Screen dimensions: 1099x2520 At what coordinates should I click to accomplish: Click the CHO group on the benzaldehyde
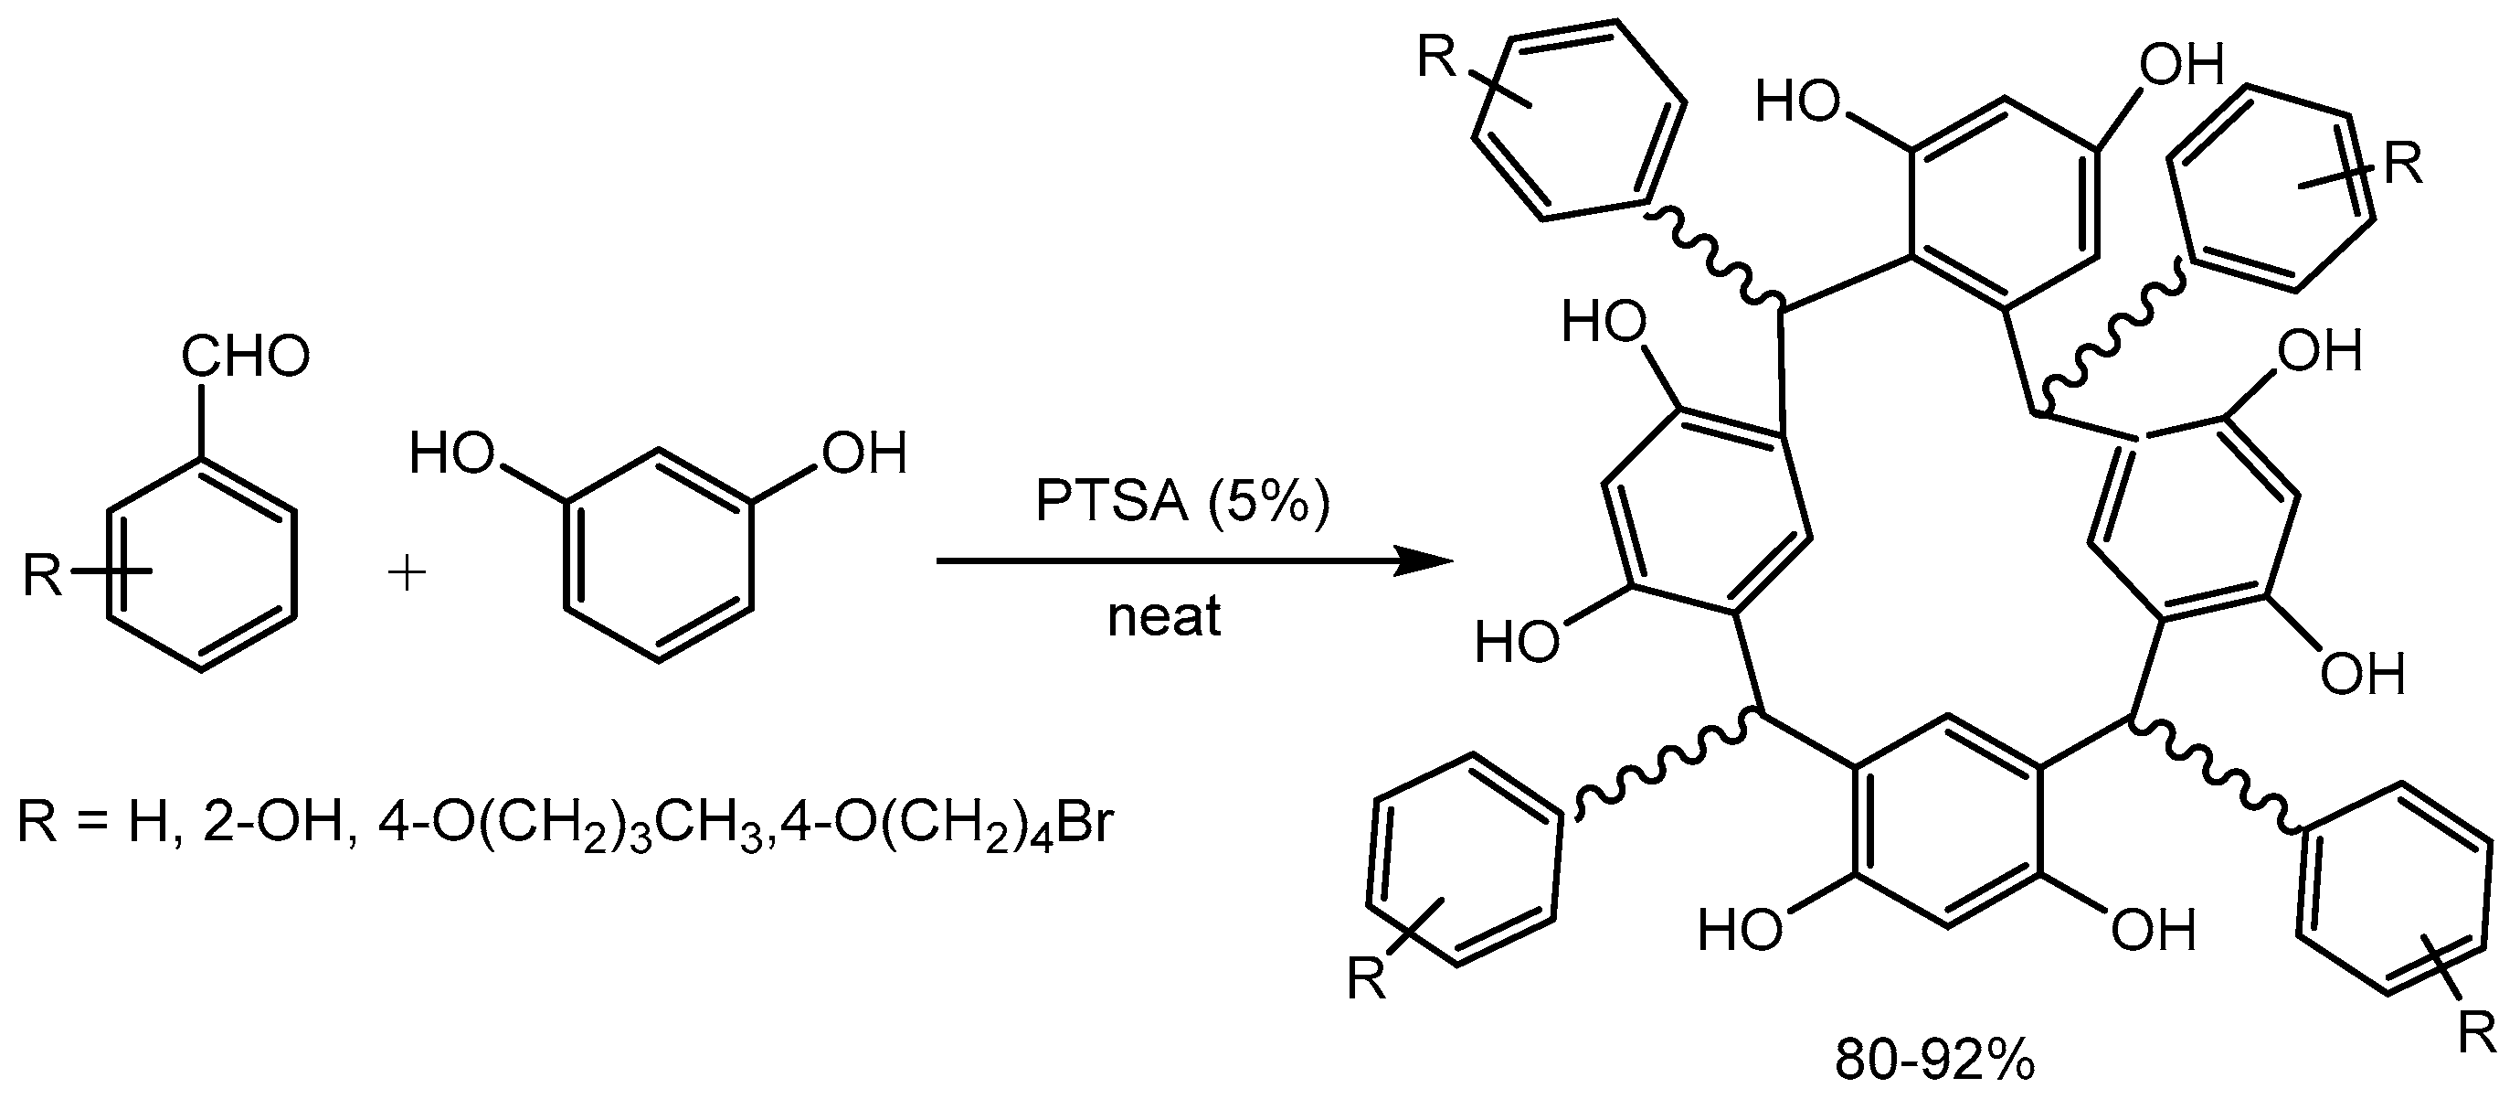[245, 357]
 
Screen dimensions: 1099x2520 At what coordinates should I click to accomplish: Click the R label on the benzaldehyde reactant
[41, 575]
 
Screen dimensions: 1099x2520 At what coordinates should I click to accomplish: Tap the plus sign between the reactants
[407, 574]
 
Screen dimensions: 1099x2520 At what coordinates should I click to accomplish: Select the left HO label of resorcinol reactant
[451, 455]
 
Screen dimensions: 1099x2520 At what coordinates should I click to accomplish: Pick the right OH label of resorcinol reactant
[864, 455]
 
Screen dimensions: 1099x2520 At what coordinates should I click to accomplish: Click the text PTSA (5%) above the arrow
[1182, 502]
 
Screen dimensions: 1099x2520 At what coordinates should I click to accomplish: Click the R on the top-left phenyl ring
[1439, 59]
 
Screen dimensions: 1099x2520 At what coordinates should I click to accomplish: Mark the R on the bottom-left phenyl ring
[1367, 978]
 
